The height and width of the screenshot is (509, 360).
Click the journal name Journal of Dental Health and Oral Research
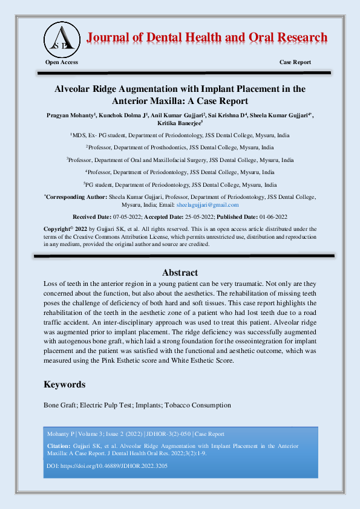tap(206, 37)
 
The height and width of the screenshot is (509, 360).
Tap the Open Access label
tap(62, 62)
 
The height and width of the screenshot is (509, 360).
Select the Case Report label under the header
tap(295, 62)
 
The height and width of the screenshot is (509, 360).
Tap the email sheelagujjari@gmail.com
tap(211, 205)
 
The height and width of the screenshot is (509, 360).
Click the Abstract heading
tap(180, 273)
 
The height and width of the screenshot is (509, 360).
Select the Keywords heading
tap(64, 384)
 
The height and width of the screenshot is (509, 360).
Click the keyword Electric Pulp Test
tap(106, 405)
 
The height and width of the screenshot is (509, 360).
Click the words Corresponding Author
tap(76, 197)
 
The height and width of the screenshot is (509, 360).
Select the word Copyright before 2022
tap(57, 229)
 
